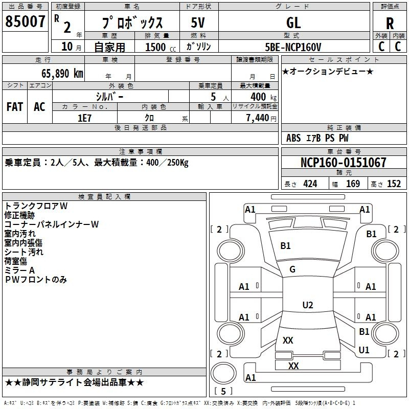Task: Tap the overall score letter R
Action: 390,24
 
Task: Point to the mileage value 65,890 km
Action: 58,73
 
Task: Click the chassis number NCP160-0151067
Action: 343,163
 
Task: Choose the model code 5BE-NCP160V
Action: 293,47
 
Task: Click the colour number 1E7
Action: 84,118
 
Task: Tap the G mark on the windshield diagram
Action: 292,269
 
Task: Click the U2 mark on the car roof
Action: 307,305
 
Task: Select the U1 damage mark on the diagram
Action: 364,350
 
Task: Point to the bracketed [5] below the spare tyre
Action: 223,391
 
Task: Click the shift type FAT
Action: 15,107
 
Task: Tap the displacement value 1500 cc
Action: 158,47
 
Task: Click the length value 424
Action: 310,184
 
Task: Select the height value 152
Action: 394,184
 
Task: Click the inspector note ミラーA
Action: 19,270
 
